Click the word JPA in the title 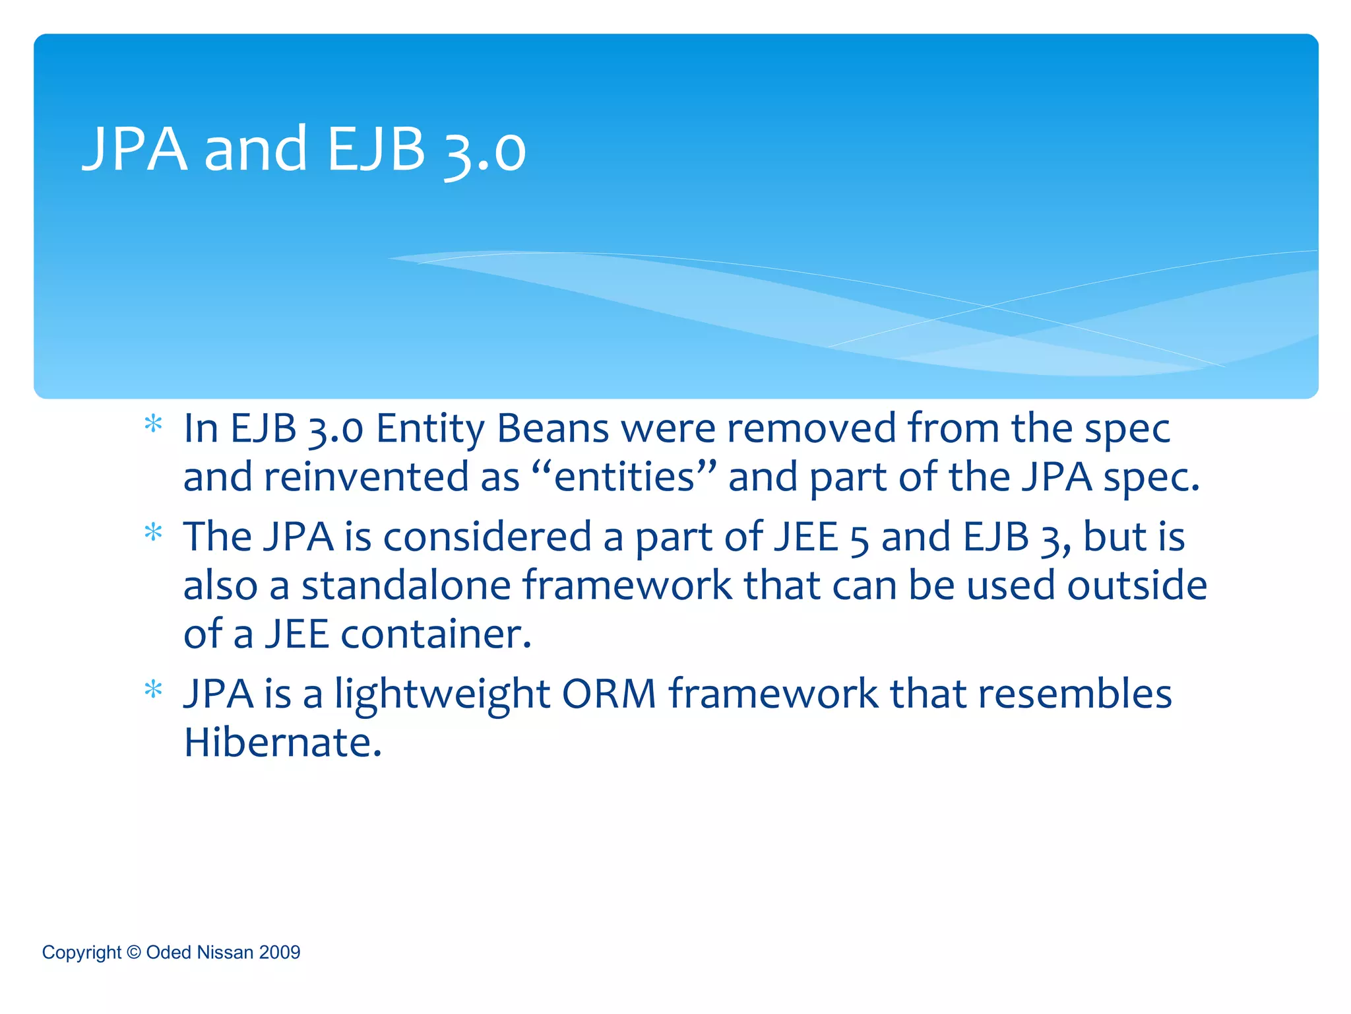pyautogui.click(x=135, y=149)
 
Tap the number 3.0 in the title pyautogui.click(x=485, y=151)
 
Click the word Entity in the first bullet pyautogui.click(x=430, y=429)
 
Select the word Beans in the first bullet pyautogui.click(x=553, y=429)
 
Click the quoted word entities pyautogui.click(x=624, y=477)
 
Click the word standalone pyautogui.click(x=406, y=586)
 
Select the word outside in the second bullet pyautogui.click(x=1137, y=586)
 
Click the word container pyautogui.click(x=435, y=634)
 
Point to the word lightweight pyautogui.click(x=442, y=695)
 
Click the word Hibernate pyautogui.click(x=282, y=743)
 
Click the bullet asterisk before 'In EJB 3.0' pyautogui.click(x=153, y=424)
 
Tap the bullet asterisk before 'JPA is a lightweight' pyautogui.click(x=153, y=690)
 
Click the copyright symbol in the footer pyautogui.click(x=133, y=952)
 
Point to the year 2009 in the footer pyautogui.click(x=280, y=952)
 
